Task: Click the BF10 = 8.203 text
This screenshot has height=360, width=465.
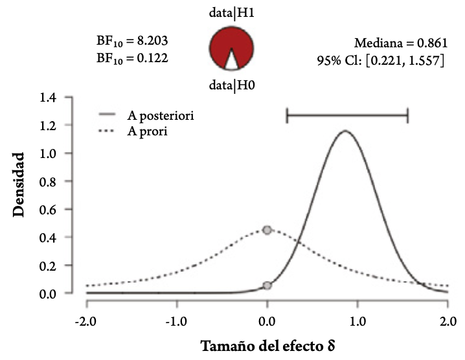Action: (x=133, y=41)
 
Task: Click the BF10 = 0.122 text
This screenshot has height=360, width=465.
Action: (x=133, y=58)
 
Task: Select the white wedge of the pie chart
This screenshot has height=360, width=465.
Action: (x=231, y=61)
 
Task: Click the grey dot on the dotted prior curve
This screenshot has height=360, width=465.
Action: (x=267, y=230)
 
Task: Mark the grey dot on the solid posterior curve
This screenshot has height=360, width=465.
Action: (x=267, y=286)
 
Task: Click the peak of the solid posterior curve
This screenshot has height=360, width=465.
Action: (x=345, y=131)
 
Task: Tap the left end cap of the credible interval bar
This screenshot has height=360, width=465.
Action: (x=287, y=117)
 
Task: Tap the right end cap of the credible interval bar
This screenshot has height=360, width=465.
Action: (x=407, y=117)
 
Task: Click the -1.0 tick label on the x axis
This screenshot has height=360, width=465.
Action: (x=176, y=321)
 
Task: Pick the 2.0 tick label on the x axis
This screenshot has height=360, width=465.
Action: (x=447, y=321)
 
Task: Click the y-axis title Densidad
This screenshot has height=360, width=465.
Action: (x=22, y=185)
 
